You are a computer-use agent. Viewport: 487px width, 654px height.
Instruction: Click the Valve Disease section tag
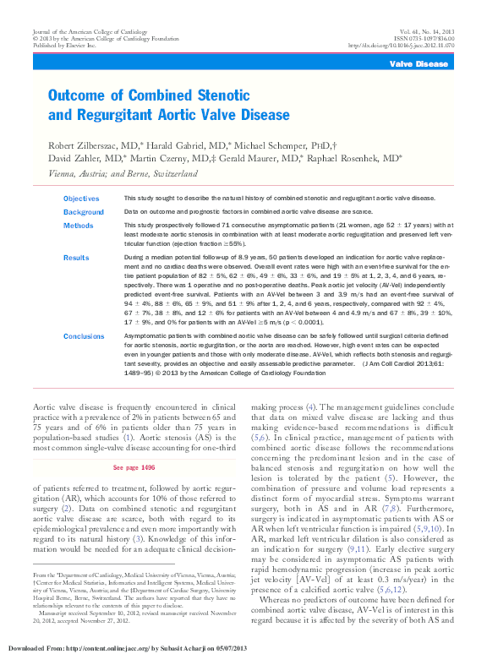[x=419, y=64]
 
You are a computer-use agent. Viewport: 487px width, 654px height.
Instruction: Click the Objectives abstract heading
[x=81, y=198]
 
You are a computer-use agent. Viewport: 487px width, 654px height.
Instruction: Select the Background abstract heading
[x=83, y=212]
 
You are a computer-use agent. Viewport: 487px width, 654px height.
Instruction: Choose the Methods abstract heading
[x=79, y=226]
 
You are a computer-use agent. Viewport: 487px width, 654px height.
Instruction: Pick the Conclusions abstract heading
[x=84, y=335]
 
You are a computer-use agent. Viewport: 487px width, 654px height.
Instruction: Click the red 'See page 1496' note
[x=134, y=466]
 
